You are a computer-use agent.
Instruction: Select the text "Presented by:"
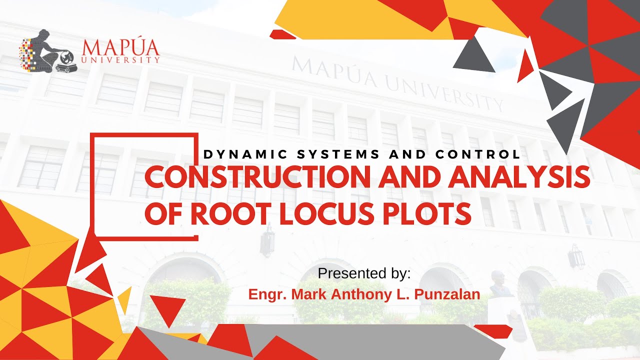364,273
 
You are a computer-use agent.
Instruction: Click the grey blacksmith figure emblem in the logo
49,50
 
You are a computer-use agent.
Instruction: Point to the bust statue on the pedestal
497,283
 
